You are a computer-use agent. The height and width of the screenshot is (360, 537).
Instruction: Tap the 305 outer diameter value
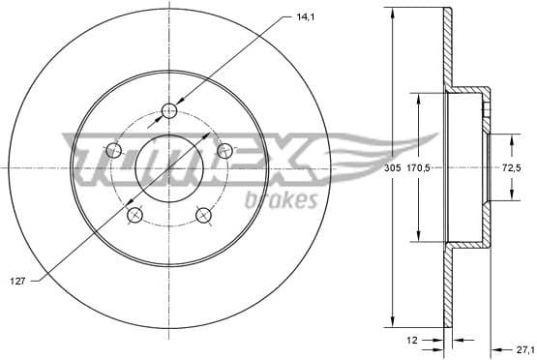coord(392,166)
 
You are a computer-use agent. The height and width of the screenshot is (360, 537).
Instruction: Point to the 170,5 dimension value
coord(419,166)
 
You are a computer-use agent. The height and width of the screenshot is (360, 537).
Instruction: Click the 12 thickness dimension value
coord(411,340)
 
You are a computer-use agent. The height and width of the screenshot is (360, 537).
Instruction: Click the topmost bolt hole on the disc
coord(169,109)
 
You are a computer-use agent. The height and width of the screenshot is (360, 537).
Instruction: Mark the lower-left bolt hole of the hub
coord(134,215)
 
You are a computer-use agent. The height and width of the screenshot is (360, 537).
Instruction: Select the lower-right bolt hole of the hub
coord(204,215)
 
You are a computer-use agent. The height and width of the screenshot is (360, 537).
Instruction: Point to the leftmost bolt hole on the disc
coord(113,150)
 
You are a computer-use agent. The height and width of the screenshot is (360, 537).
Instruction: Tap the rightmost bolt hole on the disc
coord(225,150)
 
